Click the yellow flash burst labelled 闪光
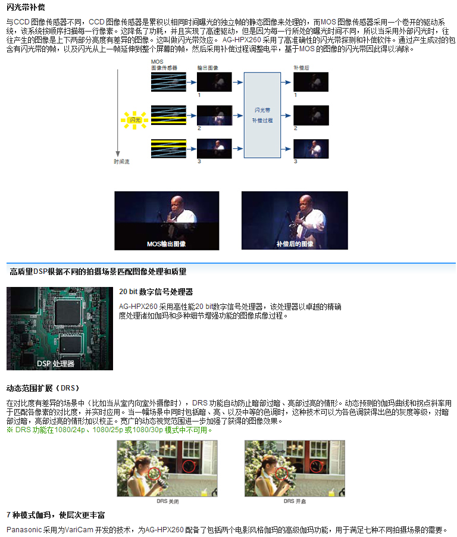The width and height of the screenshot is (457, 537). [x=134, y=120]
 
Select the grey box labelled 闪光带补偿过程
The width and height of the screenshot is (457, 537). [x=262, y=115]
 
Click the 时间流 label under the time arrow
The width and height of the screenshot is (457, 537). [x=121, y=161]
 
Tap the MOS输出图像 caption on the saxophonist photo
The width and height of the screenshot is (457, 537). [x=167, y=244]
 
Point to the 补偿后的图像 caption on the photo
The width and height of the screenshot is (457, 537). [x=295, y=244]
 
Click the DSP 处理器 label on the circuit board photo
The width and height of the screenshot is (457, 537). [x=55, y=363]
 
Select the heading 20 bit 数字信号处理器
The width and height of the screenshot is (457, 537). [x=156, y=292]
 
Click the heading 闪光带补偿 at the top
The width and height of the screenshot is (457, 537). [x=26, y=7]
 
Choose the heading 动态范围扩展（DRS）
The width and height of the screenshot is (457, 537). [x=43, y=388]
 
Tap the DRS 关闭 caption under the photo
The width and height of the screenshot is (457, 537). [x=167, y=501]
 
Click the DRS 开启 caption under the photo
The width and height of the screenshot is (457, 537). [x=295, y=501]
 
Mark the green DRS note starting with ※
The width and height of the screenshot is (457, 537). [x=109, y=430]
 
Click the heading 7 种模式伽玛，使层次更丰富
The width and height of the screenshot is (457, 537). [x=55, y=515]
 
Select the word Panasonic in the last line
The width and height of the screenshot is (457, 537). [x=24, y=529]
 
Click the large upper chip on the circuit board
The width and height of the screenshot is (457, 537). [x=68, y=311]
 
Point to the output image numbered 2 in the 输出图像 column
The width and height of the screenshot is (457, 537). [x=214, y=115]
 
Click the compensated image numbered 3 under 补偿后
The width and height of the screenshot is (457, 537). [x=311, y=149]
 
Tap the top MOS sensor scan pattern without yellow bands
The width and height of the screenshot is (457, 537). [x=169, y=82]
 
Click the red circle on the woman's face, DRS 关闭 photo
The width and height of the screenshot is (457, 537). [x=154, y=474]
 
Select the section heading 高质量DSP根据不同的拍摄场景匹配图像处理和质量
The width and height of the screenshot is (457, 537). [x=98, y=271]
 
